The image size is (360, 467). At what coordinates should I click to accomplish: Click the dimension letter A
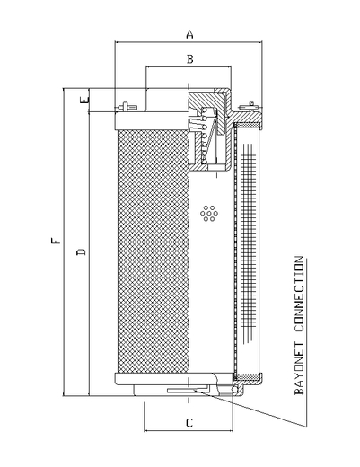pos(189,34)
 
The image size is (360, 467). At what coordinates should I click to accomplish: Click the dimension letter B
pos(190,59)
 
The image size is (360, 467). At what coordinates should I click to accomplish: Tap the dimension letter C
pos(189,423)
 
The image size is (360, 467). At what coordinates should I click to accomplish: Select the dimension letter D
pos(82,251)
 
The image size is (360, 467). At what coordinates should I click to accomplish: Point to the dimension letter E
pos(85,100)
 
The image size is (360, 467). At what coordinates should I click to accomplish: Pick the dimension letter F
pos(56,241)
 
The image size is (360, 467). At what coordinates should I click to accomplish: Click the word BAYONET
pos(299,368)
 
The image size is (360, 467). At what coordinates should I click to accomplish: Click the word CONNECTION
pos(299,294)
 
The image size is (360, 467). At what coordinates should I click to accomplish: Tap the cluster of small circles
pos(209,214)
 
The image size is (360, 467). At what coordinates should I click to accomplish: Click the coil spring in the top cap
pos(204,135)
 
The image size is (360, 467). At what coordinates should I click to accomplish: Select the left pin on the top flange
pos(127,107)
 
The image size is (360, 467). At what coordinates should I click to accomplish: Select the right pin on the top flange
pos(247,107)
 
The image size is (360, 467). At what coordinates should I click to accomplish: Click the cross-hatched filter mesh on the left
pos(153,251)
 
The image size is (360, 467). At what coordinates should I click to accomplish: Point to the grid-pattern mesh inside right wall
pos(249,243)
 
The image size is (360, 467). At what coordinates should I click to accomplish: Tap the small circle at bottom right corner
pos(235,388)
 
